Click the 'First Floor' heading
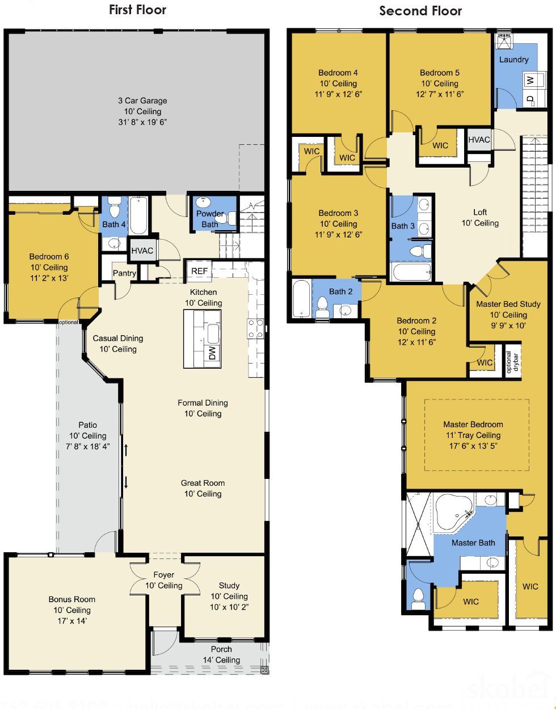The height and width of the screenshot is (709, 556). click(x=138, y=10)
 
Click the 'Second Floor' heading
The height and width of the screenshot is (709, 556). click(x=420, y=11)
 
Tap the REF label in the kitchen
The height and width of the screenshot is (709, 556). click(x=199, y=271)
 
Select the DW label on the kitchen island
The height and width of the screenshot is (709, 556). click(x=212, y=353)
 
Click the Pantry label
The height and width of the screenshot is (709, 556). click(x=124, y=273)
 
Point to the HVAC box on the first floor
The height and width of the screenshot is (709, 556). click(x=142, y=251)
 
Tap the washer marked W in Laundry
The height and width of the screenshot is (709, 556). click(x=530, y=80)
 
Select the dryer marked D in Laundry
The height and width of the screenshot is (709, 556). click(x=530, y=99)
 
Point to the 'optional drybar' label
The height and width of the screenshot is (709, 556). click(x=512, y=362)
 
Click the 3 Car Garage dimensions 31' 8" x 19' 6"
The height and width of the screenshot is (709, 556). click(x=146, y=122)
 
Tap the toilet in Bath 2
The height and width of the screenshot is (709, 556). click(x=322, y=308)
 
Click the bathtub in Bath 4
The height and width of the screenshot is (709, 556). click(x=138, y=216)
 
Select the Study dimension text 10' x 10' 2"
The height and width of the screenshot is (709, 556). click(x=229, y=607)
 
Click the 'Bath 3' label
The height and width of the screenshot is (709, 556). click(x=403, y=226)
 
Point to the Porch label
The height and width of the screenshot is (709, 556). click(x=221, y=649)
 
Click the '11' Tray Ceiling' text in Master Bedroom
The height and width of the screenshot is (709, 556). click(x=473, y=435)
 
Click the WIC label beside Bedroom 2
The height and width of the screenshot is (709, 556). click(x=485, y=362)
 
